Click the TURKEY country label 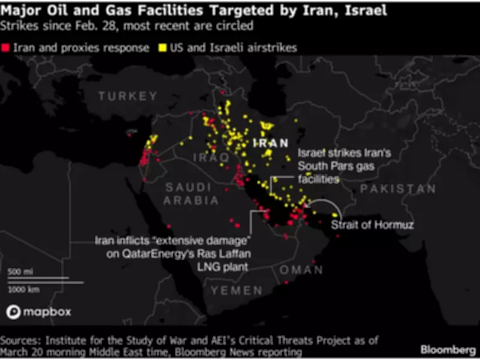pyautogui.click(x=128, y=96)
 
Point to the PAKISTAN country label pyautogui.click(x=398, y=188)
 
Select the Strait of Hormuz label pyautogui.click(x=367, y=225)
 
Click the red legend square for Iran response pyautogui.click(x=5, y=48)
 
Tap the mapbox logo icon pyautogui.click(x=14, y=312)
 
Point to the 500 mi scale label pyautogui.click(x=19, y=272)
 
